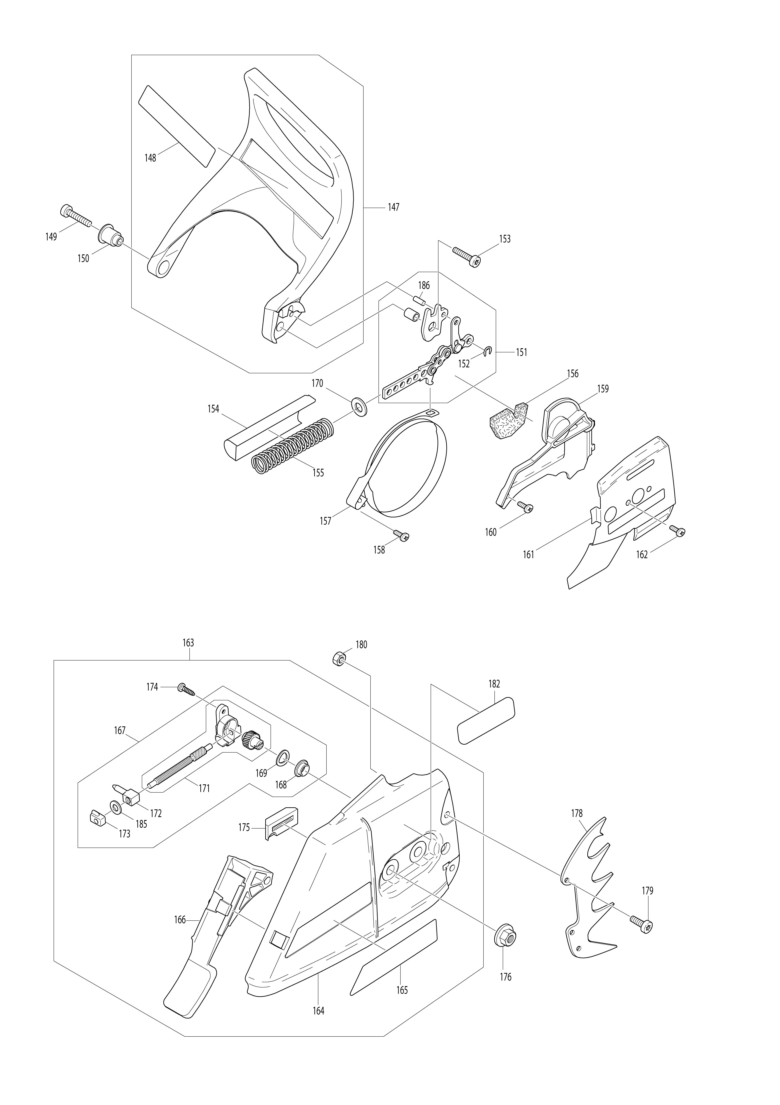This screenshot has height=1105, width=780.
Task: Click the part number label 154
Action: (x=213, y=409)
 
